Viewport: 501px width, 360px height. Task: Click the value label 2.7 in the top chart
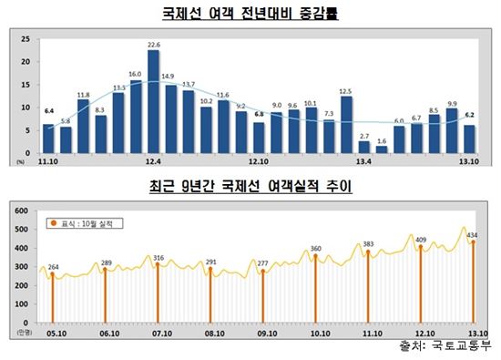363,136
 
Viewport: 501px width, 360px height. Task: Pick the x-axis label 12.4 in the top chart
153,160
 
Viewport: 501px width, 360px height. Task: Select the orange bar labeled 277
263,297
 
